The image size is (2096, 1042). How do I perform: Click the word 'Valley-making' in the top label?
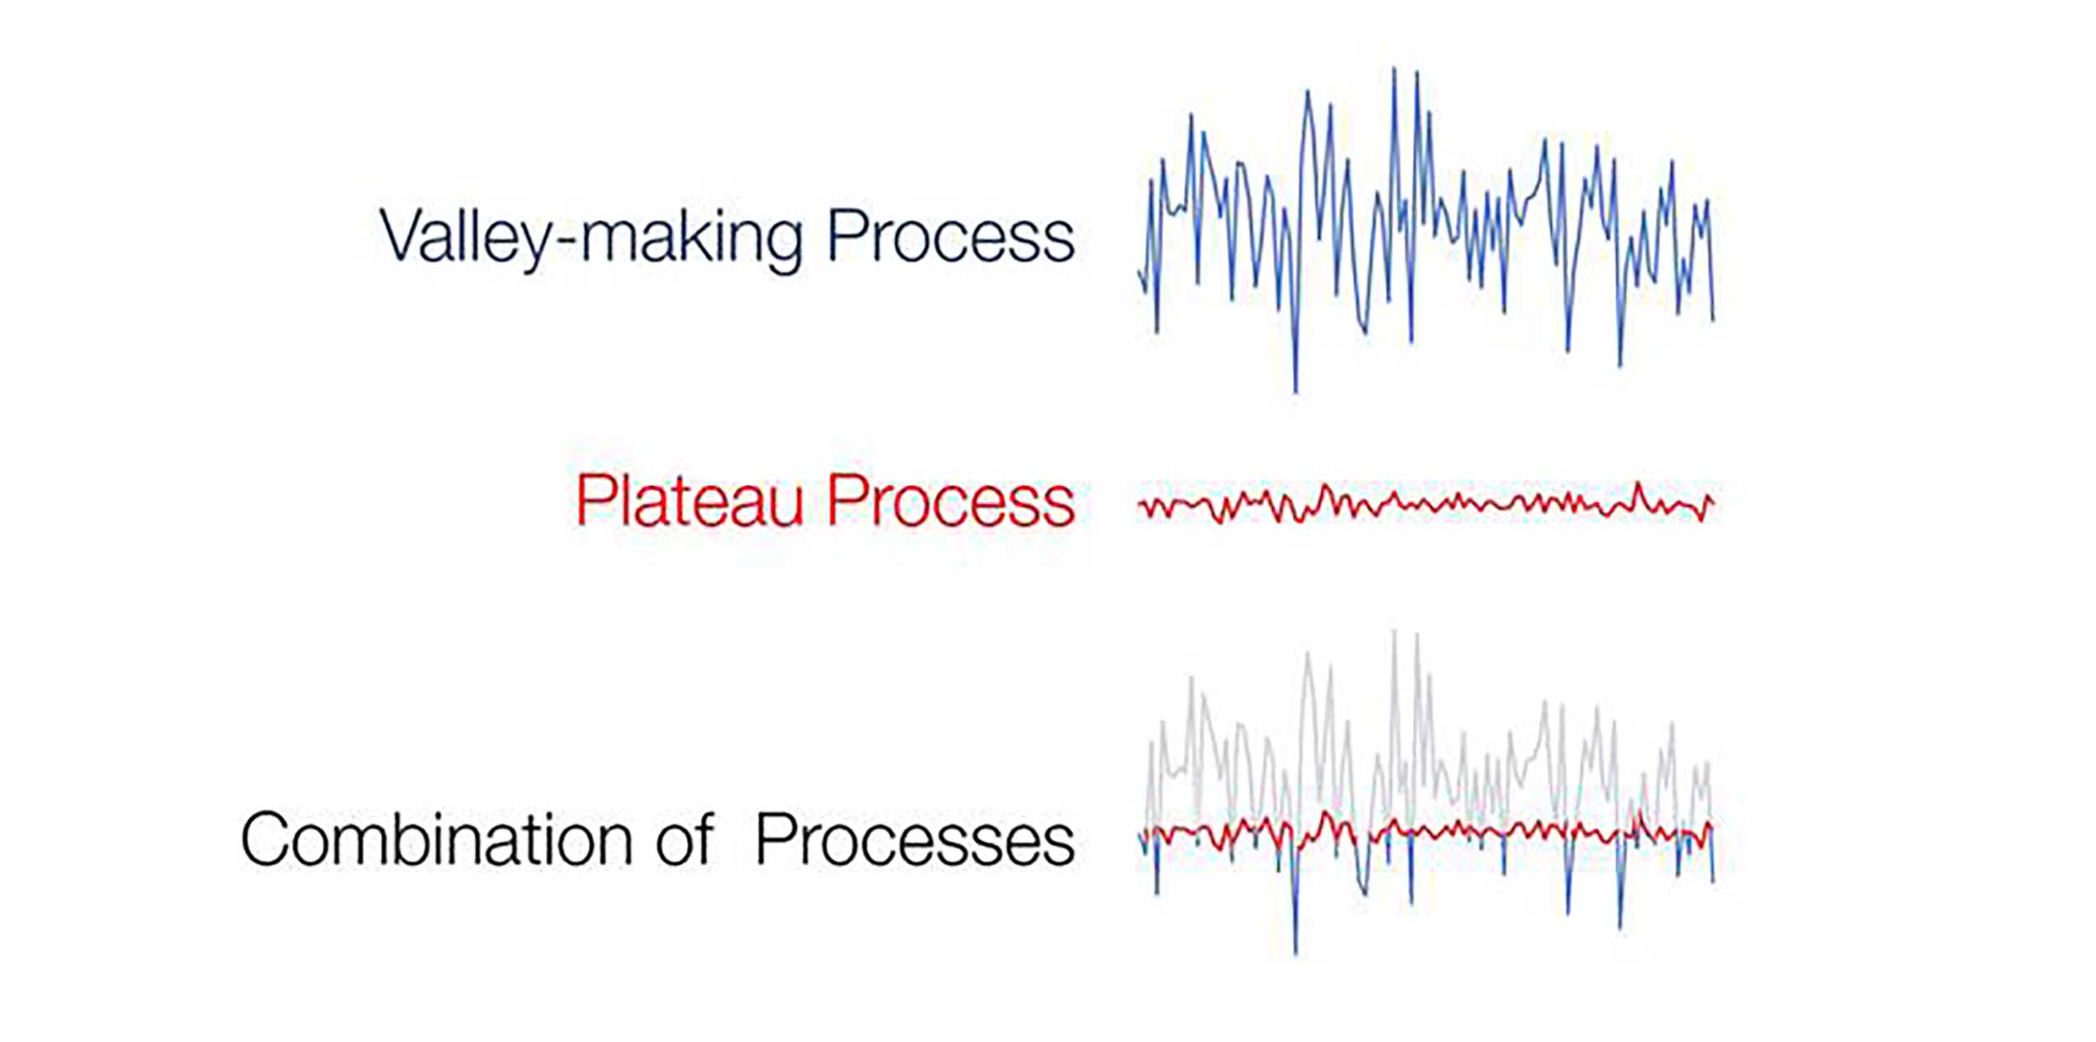591,239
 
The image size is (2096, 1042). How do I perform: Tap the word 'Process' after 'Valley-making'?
951,236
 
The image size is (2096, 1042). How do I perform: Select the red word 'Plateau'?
689,500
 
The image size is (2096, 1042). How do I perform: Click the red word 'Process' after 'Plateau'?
951,500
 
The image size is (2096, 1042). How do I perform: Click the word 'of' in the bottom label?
685,839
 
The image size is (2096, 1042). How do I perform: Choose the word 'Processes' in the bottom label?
915,839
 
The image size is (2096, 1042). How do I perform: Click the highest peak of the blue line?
1394,69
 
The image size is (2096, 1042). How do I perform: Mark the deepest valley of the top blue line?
1295,391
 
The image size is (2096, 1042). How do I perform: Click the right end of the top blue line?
1713,319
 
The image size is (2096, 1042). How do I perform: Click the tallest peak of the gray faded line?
1394,630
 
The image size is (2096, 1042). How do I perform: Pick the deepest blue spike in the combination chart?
1295,953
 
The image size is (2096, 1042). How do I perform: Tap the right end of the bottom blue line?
1713,882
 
